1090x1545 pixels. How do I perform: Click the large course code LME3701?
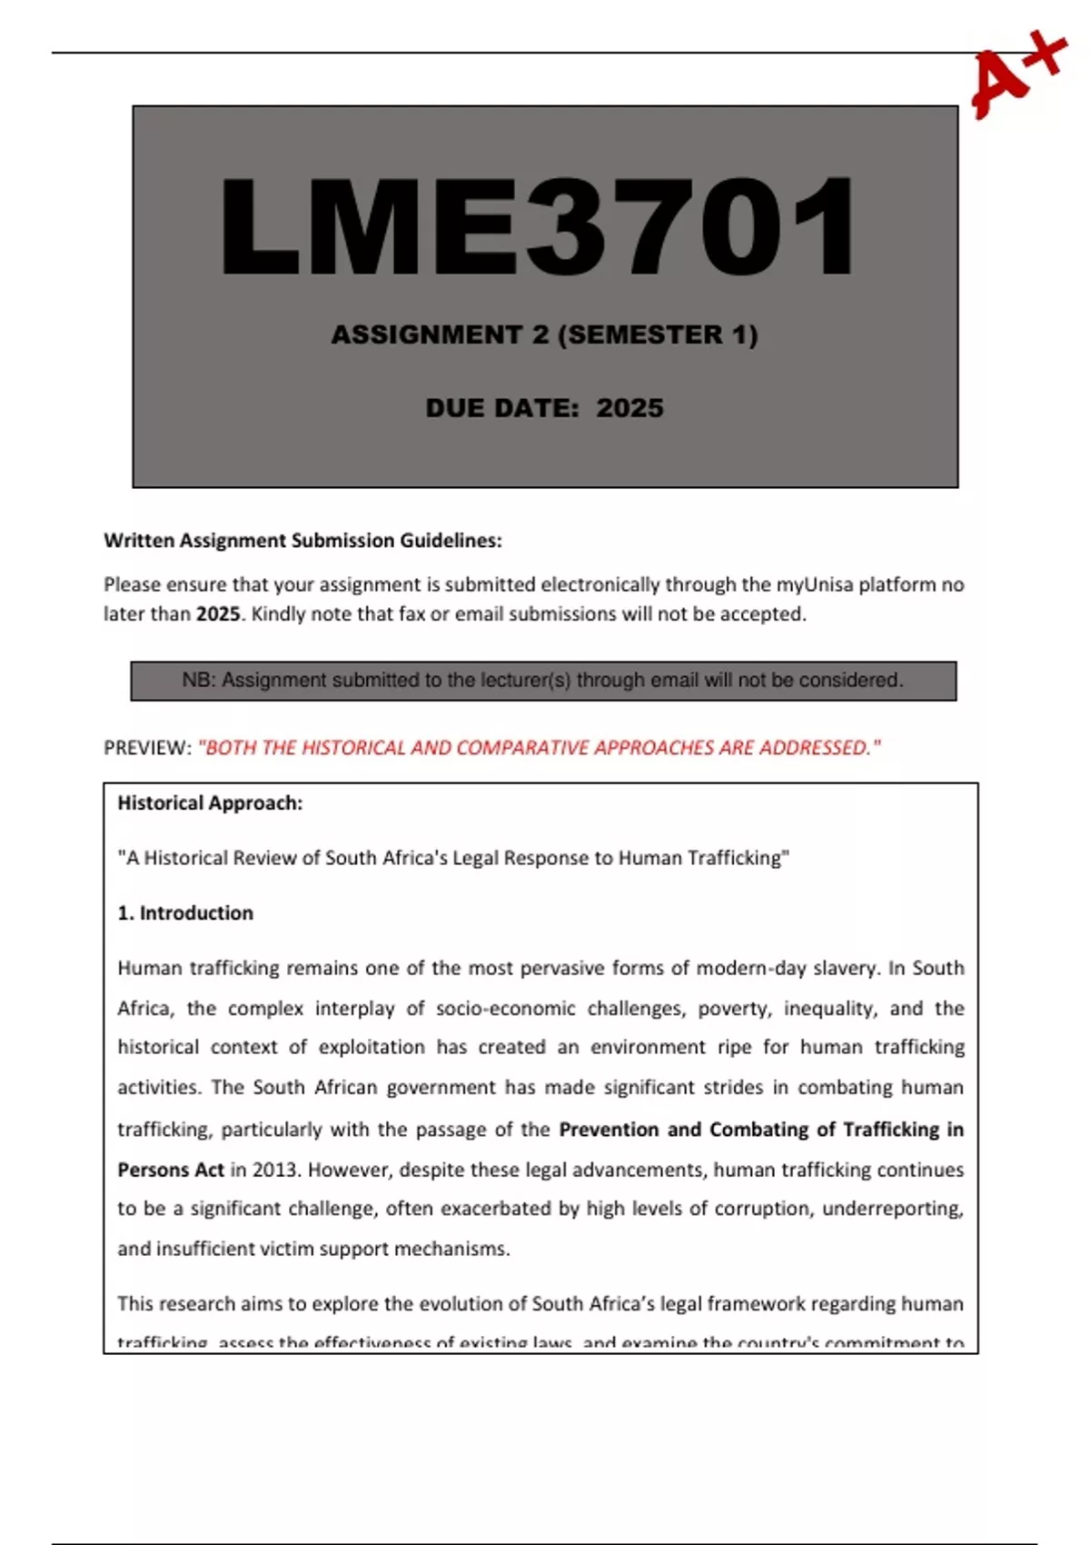pos(538,227)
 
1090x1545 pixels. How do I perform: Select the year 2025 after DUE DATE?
pos(629,408)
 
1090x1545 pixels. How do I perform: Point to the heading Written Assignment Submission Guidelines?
pos(302,541)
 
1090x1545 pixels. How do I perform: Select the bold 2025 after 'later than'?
pos(218,613)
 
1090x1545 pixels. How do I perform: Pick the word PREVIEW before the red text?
pos(146,748)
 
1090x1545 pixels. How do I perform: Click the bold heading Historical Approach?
pos(210,803)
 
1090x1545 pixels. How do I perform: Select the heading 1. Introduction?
pos(185,913)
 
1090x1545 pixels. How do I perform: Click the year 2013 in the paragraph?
pos(275,1170)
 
